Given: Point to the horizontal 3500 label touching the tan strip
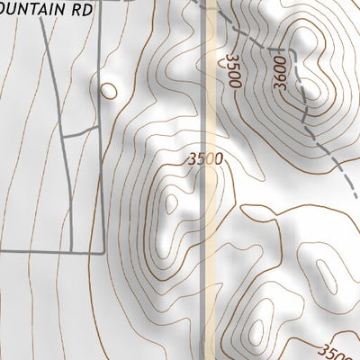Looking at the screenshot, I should [205, 159].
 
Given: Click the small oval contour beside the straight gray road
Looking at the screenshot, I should [108, 90].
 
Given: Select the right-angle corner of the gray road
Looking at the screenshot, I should [103, 249].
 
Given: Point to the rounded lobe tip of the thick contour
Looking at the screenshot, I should [244, 211].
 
